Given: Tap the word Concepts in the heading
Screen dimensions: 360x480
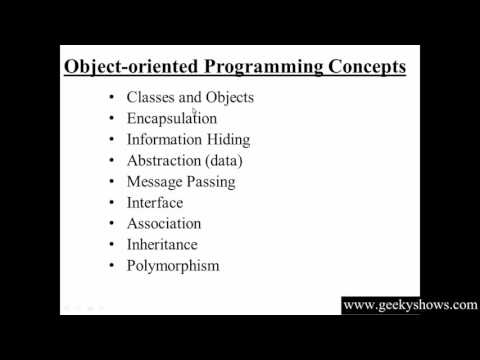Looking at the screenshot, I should click(368, 68).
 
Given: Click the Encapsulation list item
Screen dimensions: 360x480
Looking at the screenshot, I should click(171, 118).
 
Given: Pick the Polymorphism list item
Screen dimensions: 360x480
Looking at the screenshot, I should click(172, 266).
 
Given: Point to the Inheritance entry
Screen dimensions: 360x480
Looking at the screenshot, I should click(162, 245).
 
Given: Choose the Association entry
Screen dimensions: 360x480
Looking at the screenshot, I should click(164, 224).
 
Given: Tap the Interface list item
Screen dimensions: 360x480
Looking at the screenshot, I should click(155, 203).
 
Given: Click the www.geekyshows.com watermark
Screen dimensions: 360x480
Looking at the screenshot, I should click(410, 305).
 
